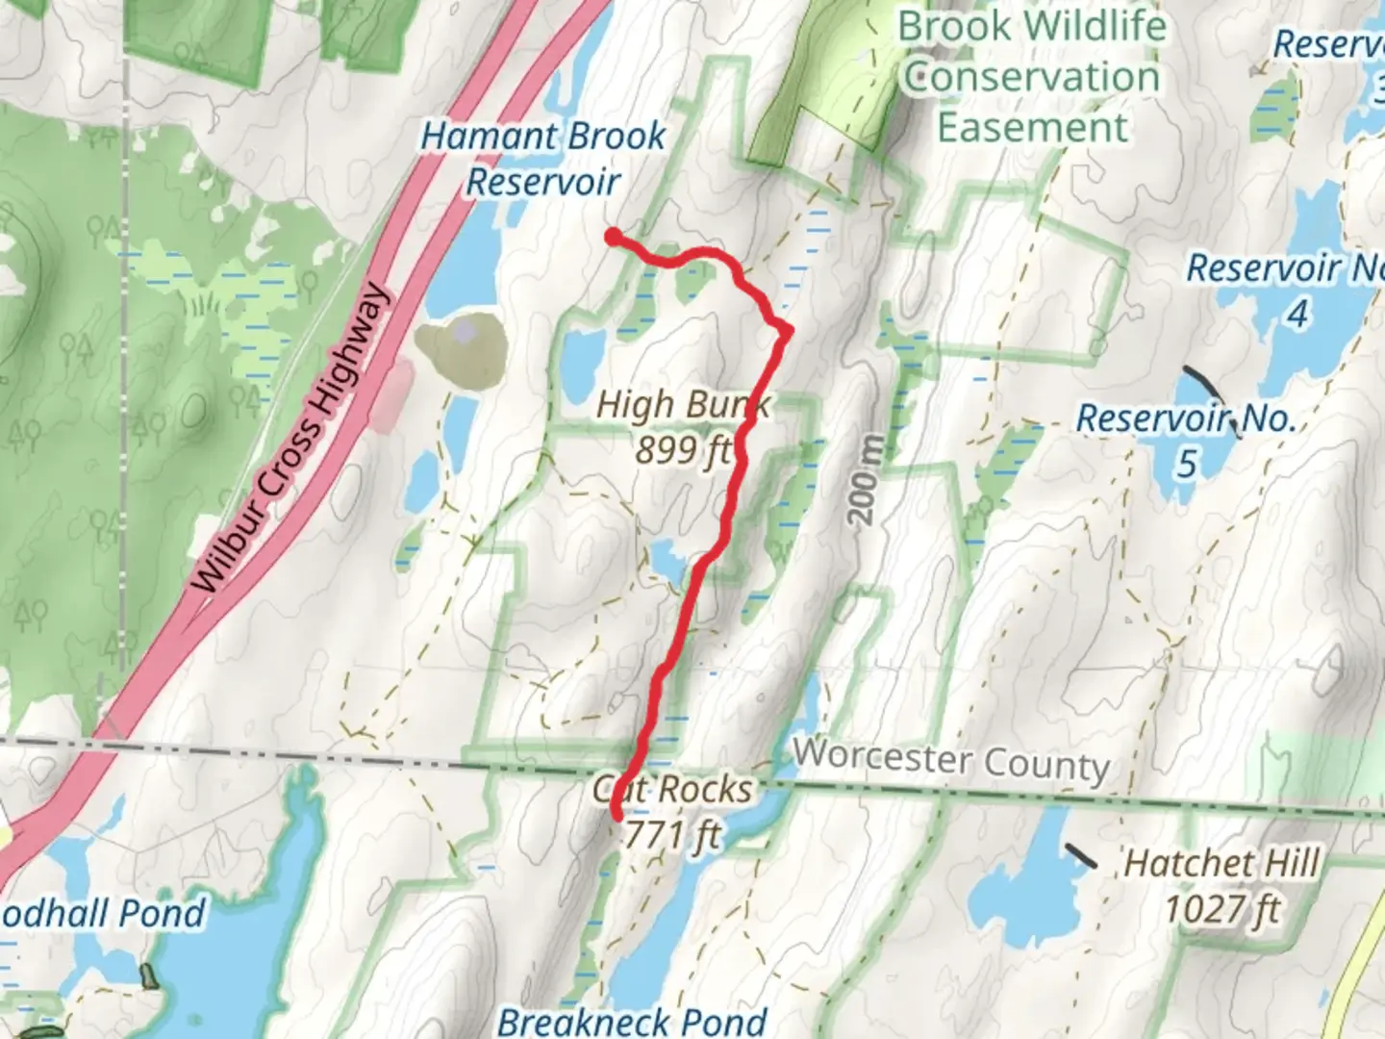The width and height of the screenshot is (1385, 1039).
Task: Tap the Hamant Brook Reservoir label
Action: (x=543, y=159)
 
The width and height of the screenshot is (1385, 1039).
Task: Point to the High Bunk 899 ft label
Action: (x=682, y=426)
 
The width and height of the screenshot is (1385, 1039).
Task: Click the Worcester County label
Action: (x=951, y=760)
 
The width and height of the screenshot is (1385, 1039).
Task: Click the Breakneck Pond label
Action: (x=632, y=1021)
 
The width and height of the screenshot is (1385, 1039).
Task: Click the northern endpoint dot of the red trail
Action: (x=612, y=236)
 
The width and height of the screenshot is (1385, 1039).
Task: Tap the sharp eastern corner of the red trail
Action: (x=788, y=331)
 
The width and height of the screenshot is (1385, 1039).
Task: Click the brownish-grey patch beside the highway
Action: (x=461, y=351)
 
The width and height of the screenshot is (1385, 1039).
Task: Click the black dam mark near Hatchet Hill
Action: (x=1081, y=855)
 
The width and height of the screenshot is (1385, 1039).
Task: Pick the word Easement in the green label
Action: (x=1032, y=128)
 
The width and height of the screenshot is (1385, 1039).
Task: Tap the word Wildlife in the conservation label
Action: (x=1099, y=26)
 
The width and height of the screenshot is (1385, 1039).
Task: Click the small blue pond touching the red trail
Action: (x=667, y=562)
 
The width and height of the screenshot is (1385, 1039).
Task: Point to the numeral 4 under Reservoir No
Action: (x=1297, y=314)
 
